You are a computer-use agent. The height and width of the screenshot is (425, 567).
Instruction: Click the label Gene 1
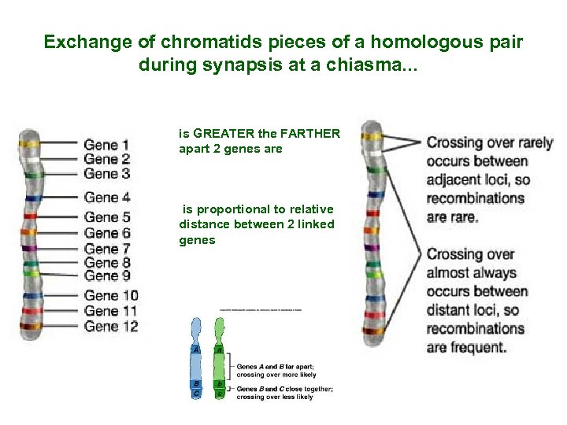coord(106,145)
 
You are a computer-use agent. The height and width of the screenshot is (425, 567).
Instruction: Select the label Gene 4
coord(106,198)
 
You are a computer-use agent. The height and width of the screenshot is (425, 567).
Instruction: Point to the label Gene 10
coord(110,296)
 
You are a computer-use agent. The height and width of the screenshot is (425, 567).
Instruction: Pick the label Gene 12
coord(110,326)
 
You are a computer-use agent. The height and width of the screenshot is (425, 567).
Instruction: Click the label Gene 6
coord(106,233)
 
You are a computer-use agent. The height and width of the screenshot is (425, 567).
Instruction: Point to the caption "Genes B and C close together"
coord(285,389)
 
